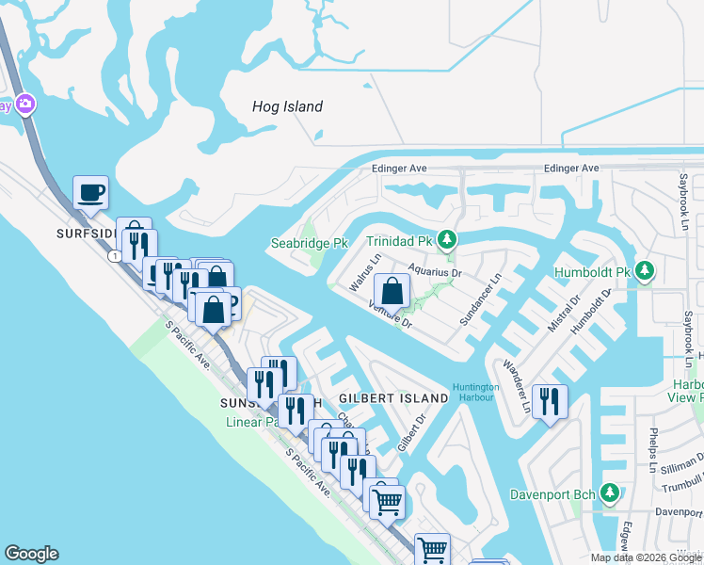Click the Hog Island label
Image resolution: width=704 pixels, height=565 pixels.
pyautogui.click(x=287, y=106)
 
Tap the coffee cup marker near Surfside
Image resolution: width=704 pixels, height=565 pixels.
pyautogui.click(x=90, y=193)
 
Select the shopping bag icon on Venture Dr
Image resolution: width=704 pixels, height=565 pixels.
pyautogui.click(x=392, y=291)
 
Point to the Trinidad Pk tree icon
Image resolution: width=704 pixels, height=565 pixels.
pyautogui.click(x=450, y=241)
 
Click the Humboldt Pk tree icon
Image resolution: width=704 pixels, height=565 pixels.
pyautogui.click(x=644, y=272)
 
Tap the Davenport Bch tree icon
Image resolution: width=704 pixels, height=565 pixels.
pyautogui.click(x=610, y=492)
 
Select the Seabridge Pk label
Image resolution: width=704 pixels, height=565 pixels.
pyautogui.click(x=310, y=243)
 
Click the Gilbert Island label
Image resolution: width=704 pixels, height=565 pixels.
pyautogui.click(x=393, y=398)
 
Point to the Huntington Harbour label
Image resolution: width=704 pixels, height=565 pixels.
pyautogui.click(x=475, y=392)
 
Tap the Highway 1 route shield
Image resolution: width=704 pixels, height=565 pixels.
pyautogui.click(x=115, y=256)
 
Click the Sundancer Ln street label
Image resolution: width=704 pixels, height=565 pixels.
pyautogui.click(x=481, y=300)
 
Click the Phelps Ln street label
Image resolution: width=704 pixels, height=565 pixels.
pyautogui.click(x=652, y=449)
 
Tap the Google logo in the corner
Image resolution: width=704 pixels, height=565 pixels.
pyautogui.click(x=31, y=554)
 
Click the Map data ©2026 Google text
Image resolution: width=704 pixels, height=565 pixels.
pyautogui.click(x=646, y=557)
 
